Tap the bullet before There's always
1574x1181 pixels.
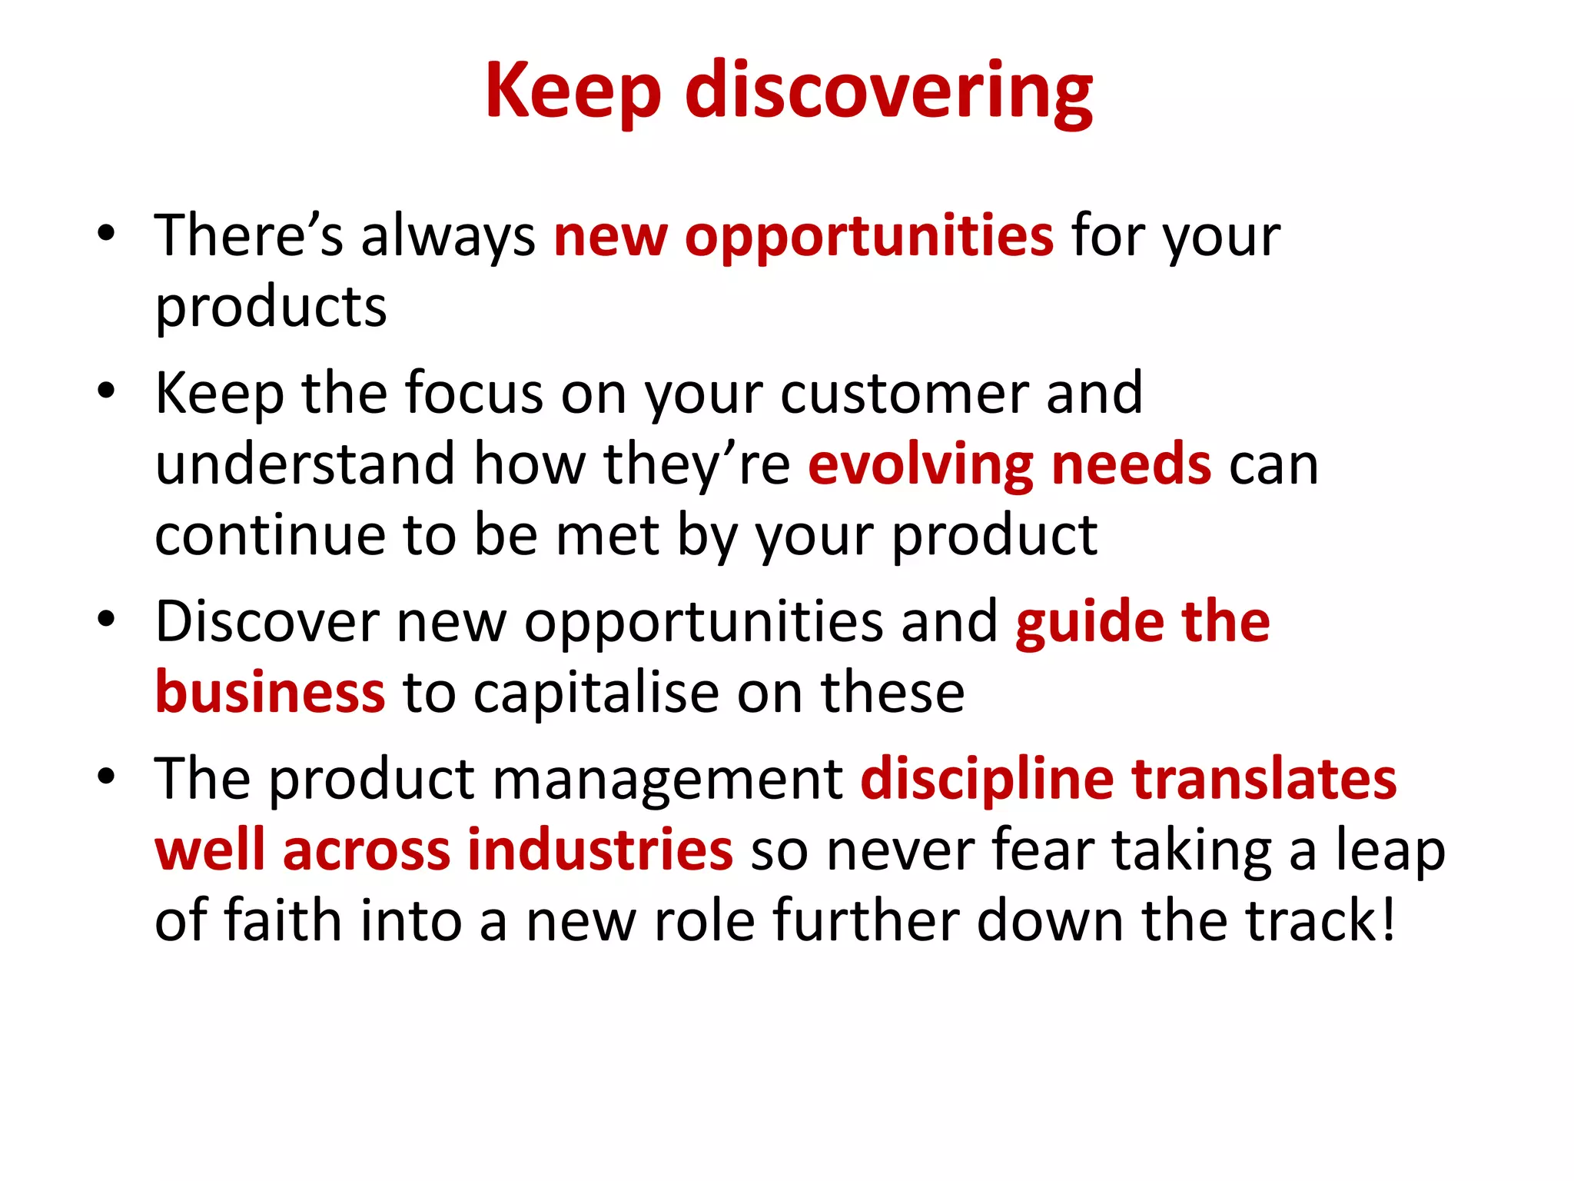click(106, 232)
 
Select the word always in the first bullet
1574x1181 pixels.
click(448, 236)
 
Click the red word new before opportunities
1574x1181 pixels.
click(610, 236)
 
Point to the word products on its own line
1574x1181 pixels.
click(271, 308)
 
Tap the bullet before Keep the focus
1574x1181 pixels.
click(106, 390)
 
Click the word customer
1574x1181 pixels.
click(904, 394)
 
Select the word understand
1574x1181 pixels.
click(305, 464)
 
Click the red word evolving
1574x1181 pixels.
click(920, 466)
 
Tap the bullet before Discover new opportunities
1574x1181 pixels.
click(106, 618)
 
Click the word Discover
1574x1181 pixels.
click(267, 621)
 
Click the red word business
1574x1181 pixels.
click(270, 692)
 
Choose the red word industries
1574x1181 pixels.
click(600, 850)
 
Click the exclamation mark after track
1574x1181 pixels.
click(1387, 920)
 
